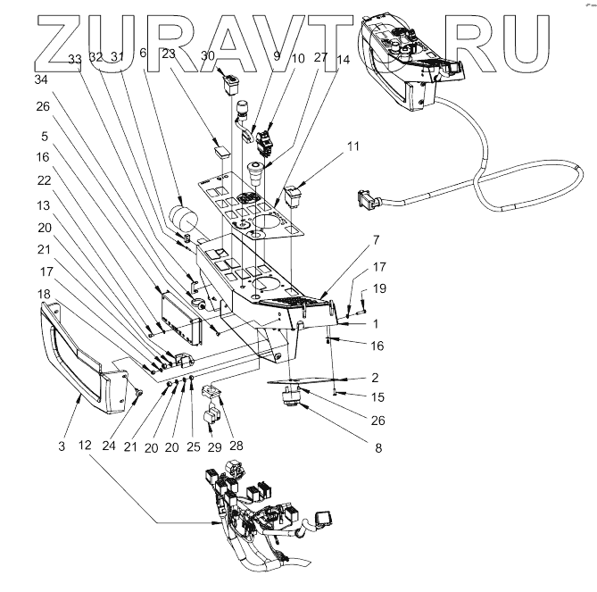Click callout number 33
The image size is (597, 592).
click(74, 58)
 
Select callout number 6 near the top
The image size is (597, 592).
click(142, 53)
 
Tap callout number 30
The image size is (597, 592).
click(208, 54)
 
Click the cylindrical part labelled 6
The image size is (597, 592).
click(184, 219)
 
